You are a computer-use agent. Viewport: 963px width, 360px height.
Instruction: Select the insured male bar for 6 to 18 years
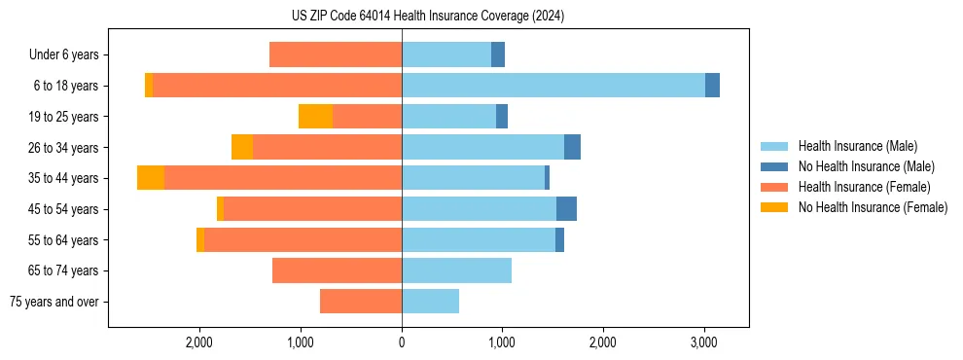(553, 86)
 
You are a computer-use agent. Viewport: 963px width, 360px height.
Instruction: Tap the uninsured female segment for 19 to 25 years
(315, 117)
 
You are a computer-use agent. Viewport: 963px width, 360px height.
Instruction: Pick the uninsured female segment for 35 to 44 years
(151, 178)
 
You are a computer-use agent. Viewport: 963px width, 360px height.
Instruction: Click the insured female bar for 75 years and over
(360, 302)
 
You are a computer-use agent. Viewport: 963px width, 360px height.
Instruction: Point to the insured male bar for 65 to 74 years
(456, 270)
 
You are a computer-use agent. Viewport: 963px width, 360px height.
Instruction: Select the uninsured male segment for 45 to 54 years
(566, 209)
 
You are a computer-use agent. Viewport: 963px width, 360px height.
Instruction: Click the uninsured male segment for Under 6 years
(498, 55)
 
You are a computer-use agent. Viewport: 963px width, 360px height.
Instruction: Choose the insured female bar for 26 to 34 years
(327, 147)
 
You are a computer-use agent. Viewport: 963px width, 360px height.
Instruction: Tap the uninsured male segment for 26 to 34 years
(572, 147)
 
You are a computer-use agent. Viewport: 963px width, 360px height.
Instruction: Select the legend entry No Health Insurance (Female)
(873, 207)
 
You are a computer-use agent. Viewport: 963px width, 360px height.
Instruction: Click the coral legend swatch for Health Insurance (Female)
(775, 187)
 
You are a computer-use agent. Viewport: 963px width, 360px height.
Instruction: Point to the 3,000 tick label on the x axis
(703, 342)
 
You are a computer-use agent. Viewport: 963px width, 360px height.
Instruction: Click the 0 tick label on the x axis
(402, 342)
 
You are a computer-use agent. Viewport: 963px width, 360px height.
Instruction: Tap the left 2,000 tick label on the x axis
(199, 342)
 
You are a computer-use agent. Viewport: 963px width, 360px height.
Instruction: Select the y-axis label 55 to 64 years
(64, 240)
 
